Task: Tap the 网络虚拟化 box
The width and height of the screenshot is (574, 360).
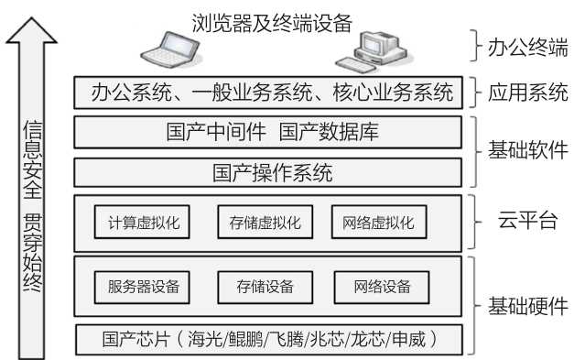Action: point(377,222)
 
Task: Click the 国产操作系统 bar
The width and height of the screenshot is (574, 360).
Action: point(272,172)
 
